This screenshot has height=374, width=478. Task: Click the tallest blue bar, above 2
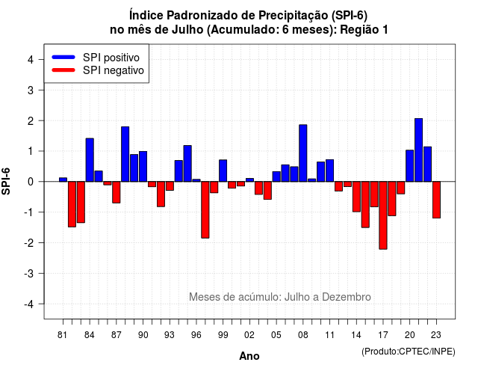pos(418,150)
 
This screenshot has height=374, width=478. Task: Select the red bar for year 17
pos(383,215)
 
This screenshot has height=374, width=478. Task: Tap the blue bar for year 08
pos(303,153)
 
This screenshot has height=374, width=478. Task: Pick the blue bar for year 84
pos(90,160)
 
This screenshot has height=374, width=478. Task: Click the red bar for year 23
pos(436,200)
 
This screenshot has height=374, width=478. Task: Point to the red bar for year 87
pos(117,192)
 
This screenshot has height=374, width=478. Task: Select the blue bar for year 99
pos(223,171)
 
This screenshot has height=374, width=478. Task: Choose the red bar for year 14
pos(356,197)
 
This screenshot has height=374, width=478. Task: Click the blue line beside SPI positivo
pos(63,57)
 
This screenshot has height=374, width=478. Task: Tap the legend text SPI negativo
pos(114,70)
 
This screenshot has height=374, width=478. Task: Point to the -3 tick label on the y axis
pos(30,274)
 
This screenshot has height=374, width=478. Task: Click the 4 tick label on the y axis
pos(31,60)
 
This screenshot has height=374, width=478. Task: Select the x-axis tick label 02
pos(249,335)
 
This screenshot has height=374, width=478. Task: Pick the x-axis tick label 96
pos(196,335)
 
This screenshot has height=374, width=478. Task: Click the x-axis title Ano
pos(249,356)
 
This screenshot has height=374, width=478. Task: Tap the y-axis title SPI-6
pos(6,181)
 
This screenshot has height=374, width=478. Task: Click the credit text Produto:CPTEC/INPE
pos(409,352)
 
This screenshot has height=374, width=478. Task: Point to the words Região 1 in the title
pos(364,30)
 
